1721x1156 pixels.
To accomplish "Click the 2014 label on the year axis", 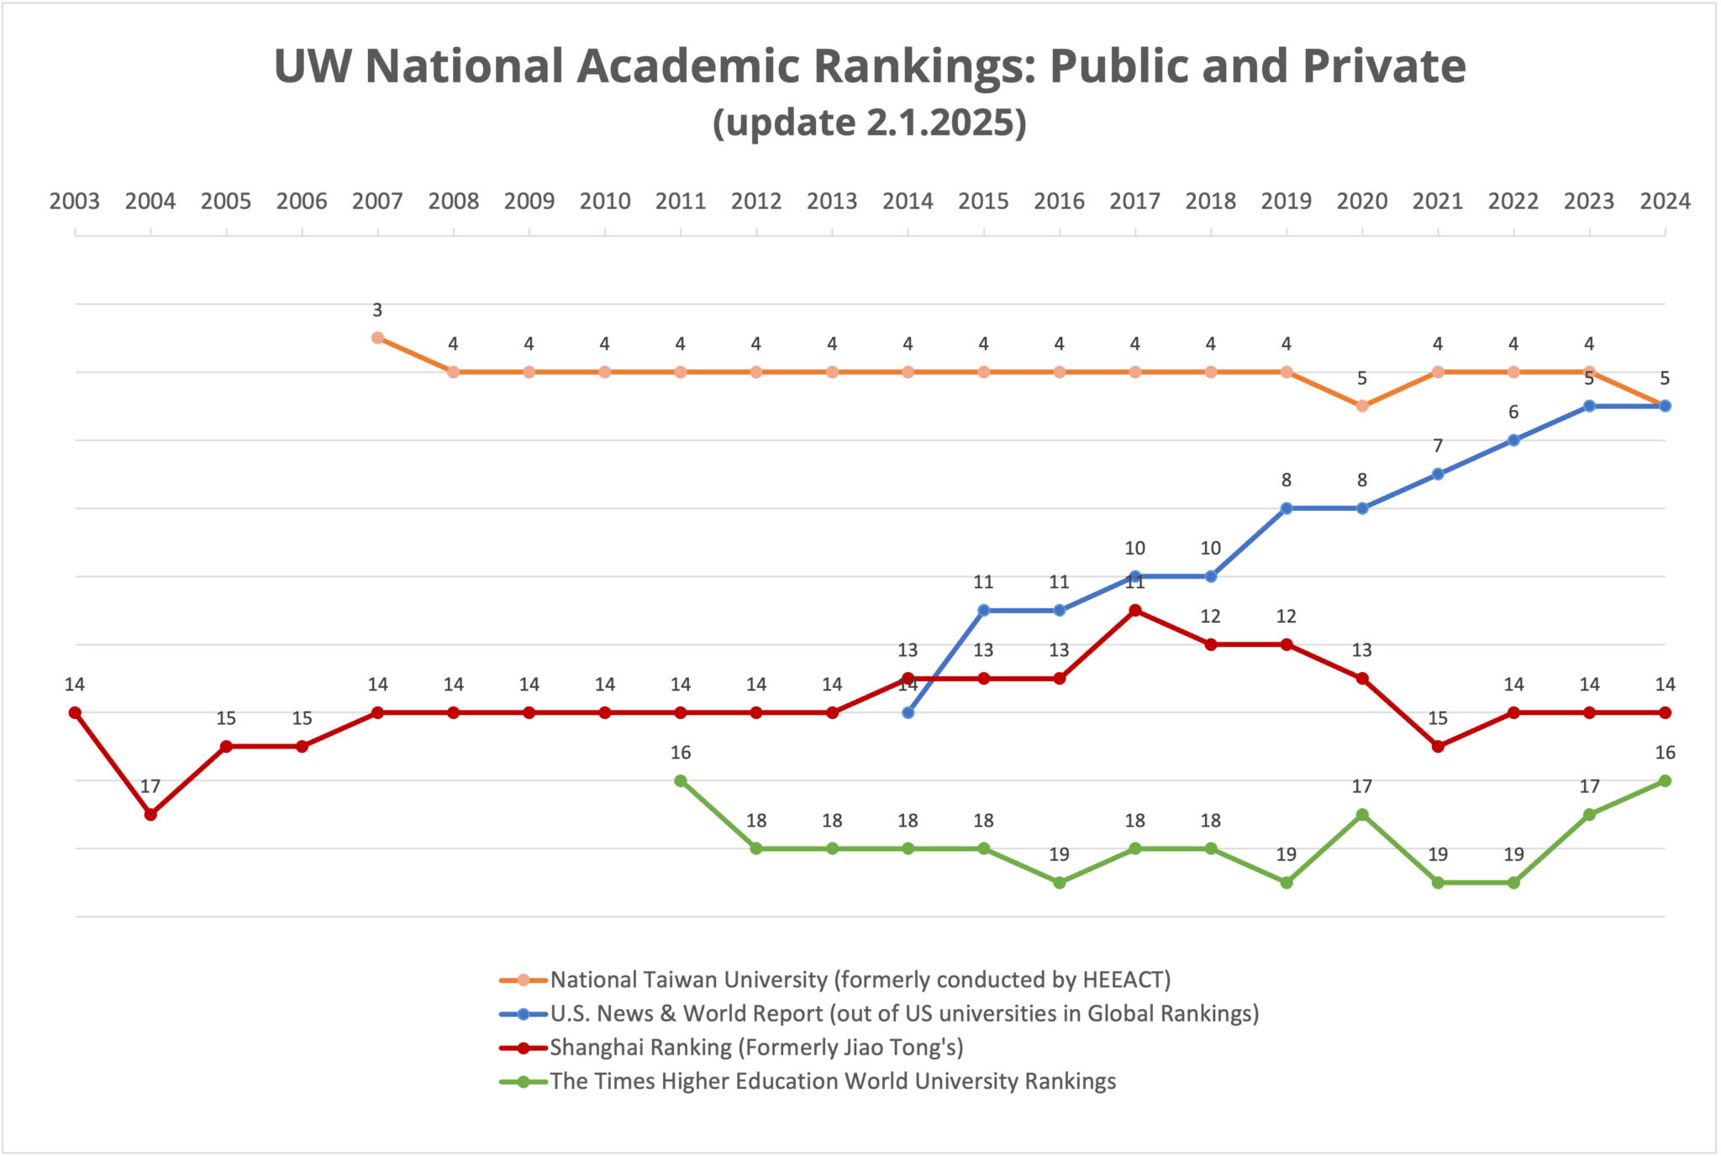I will [x=908, y=202].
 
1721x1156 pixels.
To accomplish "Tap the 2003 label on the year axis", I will [x=75, y=202].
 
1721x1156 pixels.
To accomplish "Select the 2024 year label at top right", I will [x=1665, y=202].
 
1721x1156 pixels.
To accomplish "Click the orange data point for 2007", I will [x=377, y=338].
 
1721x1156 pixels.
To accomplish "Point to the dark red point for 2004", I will [x=150, y=814].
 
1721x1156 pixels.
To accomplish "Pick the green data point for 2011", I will [x=681, y=780].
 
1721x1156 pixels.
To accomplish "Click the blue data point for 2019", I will [x=1286, y=508].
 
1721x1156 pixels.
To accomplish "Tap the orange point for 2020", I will [x=1362, y=406].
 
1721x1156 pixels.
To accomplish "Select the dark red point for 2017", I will [x=1134, y=610].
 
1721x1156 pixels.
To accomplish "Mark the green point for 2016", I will [x=1059, y=882].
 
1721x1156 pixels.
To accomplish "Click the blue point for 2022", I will [x=1513, y=440].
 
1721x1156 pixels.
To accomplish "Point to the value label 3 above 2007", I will [x=377, y=310].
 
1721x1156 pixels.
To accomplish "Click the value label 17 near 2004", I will [x=150, y=787].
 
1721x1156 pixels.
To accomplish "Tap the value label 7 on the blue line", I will [x=1438, y=446].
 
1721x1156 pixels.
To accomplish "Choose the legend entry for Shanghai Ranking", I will [x=756, y=1048].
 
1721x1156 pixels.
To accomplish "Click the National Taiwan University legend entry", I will [x=860, y=980].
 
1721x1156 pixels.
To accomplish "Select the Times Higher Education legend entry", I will [x=832, y=1081].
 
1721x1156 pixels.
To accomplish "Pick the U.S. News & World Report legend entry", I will [x=904, y=1014].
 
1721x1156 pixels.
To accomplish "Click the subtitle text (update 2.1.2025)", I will [x=870, y=123].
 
